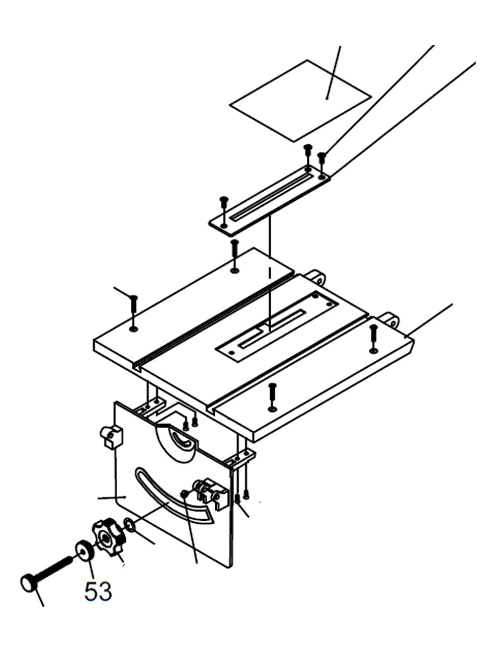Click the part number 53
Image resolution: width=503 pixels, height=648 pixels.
pos(98,591)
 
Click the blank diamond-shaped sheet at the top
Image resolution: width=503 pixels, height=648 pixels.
pos(300,100)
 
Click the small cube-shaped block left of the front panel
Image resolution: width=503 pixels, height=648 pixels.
pos(112,436)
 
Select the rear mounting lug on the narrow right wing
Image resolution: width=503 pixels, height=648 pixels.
pos(390,319)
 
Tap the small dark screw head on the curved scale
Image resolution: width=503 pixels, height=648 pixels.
pos(185,496)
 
